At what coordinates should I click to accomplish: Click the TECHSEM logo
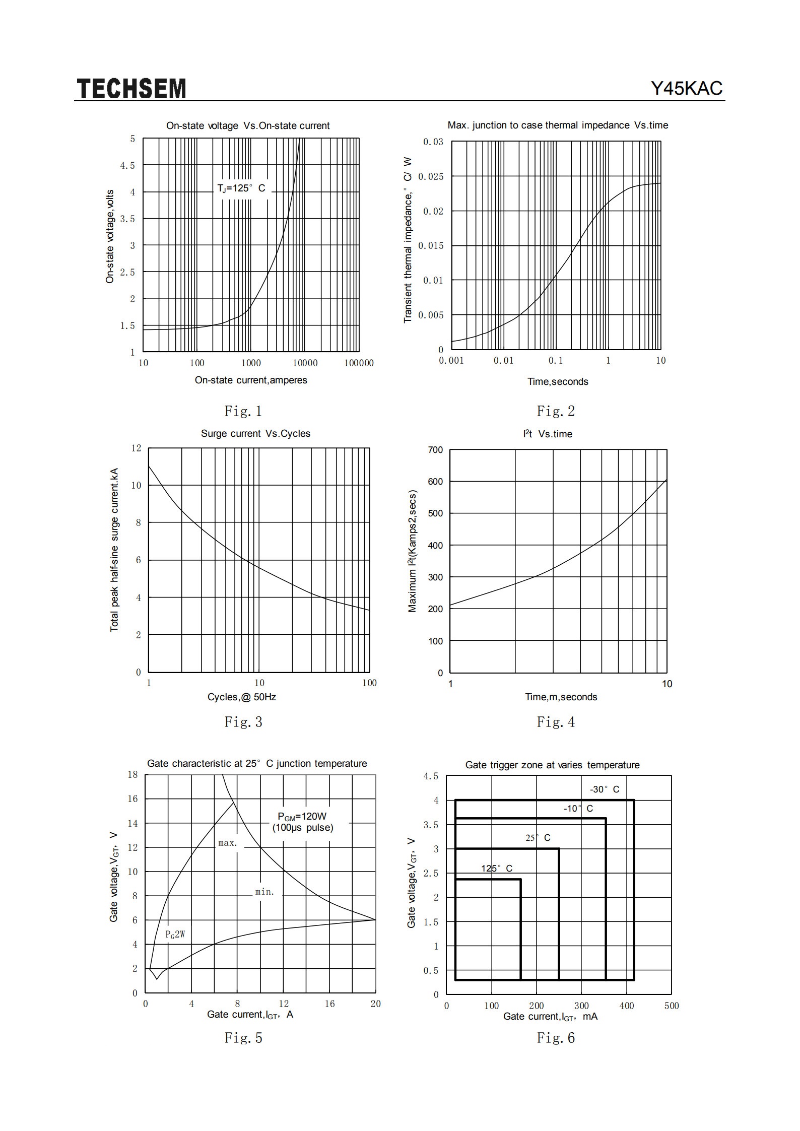tap(131, 89)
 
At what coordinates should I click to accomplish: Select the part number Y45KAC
tap(687, 89)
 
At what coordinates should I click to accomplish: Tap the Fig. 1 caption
tap(243, 411)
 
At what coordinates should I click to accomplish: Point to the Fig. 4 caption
tap(556, 722)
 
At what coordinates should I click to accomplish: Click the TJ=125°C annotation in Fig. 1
tap(241, 188)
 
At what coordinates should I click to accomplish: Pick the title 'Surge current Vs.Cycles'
tap(255, 434)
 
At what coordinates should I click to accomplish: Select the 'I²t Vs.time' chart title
tap(548, 434)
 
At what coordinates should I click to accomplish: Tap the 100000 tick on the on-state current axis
tap(359, 363)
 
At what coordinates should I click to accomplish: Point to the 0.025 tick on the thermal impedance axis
tap(431, 176)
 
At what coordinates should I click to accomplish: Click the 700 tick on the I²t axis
tap(435, 450)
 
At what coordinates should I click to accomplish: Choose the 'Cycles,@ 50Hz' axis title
tap(242, 697)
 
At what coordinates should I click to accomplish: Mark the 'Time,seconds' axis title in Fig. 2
tap(558, 382)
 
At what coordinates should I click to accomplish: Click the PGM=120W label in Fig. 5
tap(302, 817)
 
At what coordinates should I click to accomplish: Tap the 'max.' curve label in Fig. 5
tap(228, 843)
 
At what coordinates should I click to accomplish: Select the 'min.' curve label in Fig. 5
tap(264, 892)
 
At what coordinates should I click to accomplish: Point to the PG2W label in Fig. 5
tap(175, 935)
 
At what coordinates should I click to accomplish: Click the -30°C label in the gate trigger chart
tap(605, 789)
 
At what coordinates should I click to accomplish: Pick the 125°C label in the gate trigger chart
tap(497, 868)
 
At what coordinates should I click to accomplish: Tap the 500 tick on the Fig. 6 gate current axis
tap(672, 1006)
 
